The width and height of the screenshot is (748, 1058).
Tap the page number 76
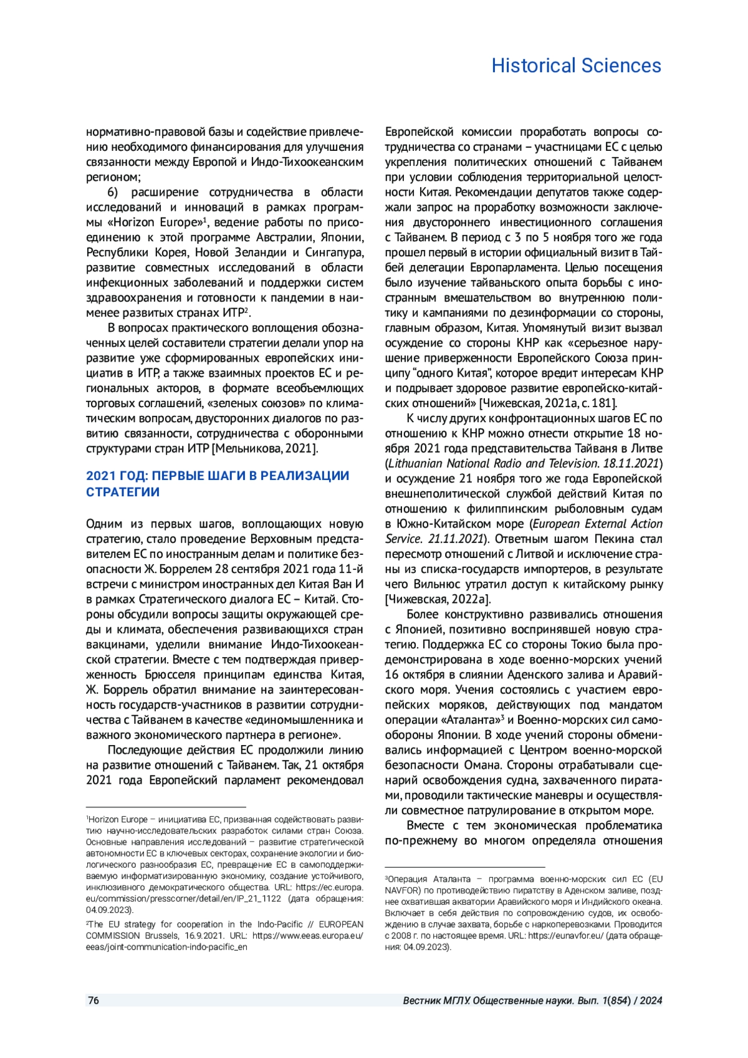[x=93, y=1001]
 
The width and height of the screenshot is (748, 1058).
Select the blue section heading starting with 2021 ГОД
[x=218, y=484]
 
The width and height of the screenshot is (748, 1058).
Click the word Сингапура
[x=334, y=252]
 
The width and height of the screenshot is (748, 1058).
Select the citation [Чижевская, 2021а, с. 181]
[x=548, y=403]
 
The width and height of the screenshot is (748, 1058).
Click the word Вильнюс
[x=437, y=584]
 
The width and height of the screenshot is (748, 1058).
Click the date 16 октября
[x=417, y=675]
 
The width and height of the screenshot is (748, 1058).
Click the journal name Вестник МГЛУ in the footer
[x=436, y=1001]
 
